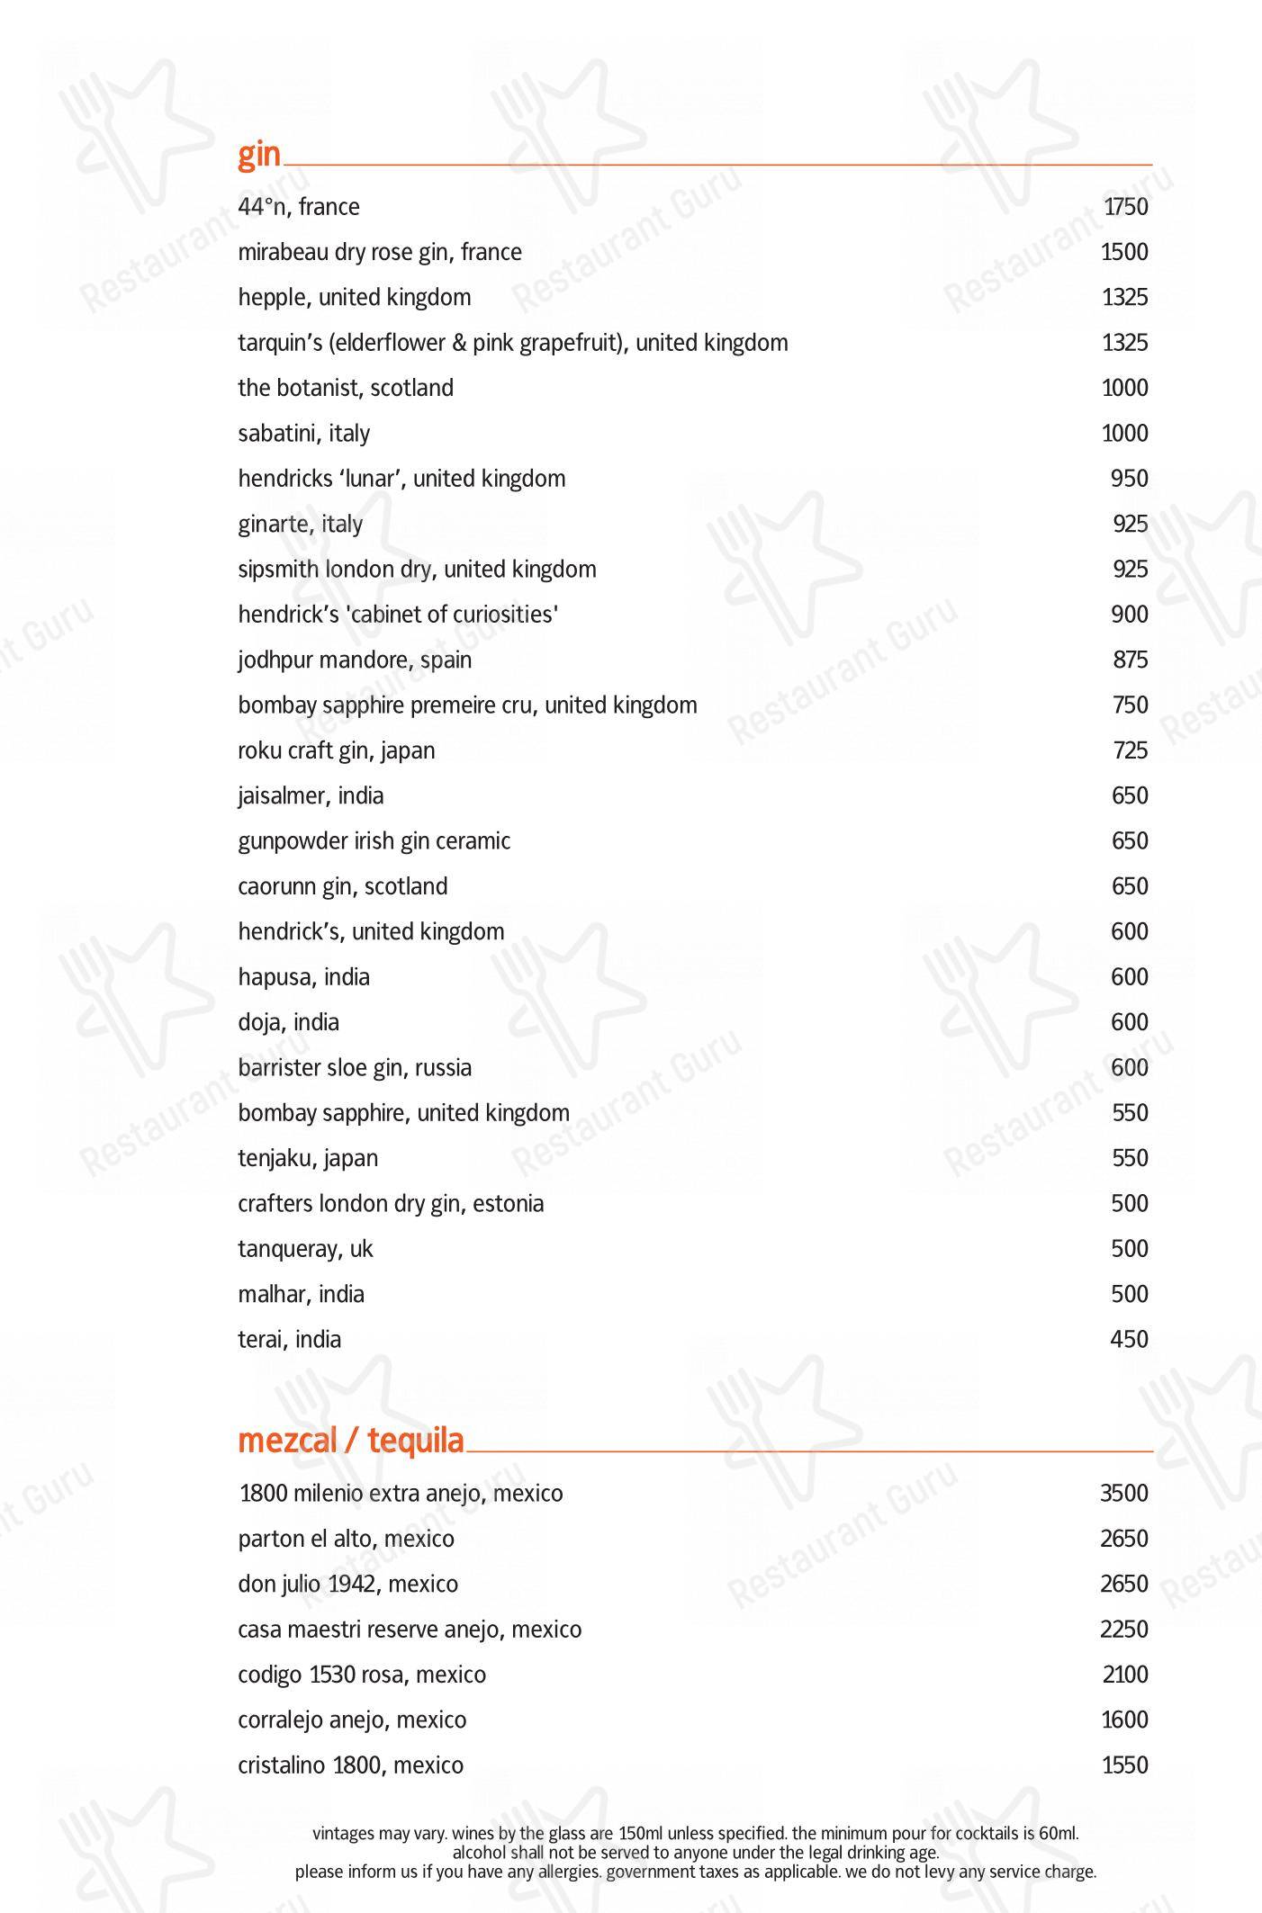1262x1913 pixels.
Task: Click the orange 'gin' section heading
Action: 259,155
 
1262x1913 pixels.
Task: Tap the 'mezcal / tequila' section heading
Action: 351,1441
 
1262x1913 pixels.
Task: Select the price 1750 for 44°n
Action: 1125,207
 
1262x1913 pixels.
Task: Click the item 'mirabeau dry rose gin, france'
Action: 380,252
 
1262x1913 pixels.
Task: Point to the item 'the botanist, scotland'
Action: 346,388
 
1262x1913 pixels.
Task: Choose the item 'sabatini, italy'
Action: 304,434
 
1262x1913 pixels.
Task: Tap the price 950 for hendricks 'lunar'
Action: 1129,479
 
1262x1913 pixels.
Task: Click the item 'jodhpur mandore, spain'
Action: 355,660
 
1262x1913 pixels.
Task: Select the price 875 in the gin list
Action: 1130,660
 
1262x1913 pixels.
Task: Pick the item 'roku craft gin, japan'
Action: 337,750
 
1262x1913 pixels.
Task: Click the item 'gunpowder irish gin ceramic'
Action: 374,841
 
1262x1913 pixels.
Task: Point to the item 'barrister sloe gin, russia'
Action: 355,1068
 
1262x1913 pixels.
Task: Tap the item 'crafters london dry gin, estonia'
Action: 391,1204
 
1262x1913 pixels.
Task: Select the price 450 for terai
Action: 1129,1340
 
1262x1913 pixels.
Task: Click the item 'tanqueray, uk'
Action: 305,1249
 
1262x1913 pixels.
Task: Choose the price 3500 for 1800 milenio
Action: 1123,1494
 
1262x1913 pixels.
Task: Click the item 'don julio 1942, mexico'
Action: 348,1585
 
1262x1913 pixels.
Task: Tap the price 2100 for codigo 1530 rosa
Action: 1125,1675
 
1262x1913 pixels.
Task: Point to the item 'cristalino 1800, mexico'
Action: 351,1765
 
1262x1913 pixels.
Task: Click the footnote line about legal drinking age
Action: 695,1853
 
